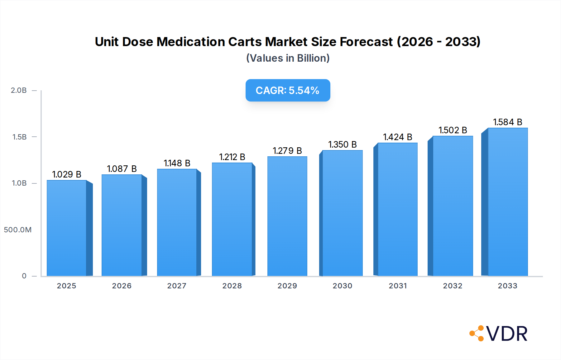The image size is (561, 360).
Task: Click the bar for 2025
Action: [x=67, y=228]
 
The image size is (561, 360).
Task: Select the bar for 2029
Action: [x=287, y=216]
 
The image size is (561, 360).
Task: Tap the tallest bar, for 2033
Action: [x=508, y=202]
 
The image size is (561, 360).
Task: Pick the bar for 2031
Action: [x=397, y=209]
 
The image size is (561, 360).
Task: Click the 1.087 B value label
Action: [x=122, y=169]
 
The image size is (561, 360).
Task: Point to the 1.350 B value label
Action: [x=342, y=144]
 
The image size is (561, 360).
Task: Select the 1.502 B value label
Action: [x=453, y=130]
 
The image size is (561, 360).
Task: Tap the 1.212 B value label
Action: [x=232, y=157]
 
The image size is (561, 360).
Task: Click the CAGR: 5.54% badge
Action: [x=288, y=90]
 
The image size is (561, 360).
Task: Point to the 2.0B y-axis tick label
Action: [x=19, y=90]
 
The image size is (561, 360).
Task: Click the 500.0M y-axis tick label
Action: [x=18, y=230]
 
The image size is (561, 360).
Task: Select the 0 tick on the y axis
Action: [x=24, y=276]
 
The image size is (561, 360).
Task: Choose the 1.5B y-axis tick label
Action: [x=19, y=137]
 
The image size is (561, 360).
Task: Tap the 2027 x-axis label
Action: [x=177, y=286]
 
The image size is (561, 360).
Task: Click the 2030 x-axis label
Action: [x=342, y=286]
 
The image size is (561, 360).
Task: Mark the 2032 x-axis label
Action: [x=453, y=286]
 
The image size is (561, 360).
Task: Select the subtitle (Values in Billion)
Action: [x=288, y=58]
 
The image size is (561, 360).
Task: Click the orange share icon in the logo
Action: [x=477, y=333]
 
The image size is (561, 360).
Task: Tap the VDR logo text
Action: [x=507, y=334]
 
